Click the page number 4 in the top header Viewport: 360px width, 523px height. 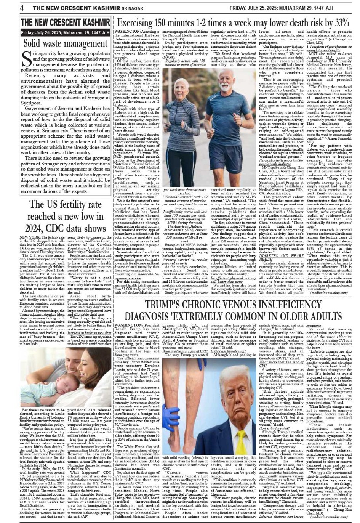point(22,8)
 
